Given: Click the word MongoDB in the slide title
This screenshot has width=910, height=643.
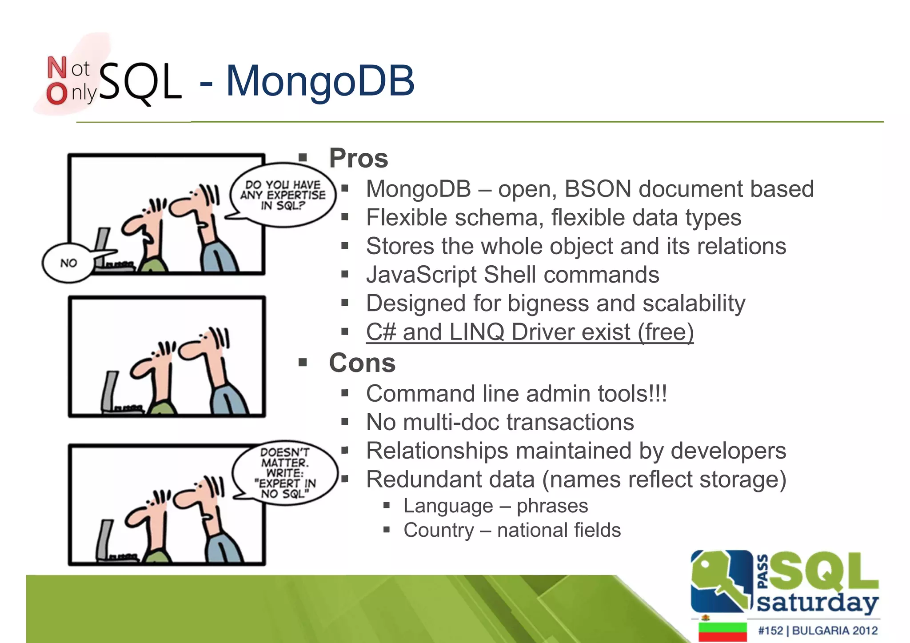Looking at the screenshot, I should pyautogui.click(x=320, y=81).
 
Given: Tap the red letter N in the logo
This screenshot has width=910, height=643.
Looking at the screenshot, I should pyautogui.click(x=57, y=68).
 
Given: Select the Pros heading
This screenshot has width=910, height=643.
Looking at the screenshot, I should pyautogui.click(x=358, y=158).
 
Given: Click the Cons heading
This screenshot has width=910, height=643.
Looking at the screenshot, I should pyautogui.click(x=362, y=363).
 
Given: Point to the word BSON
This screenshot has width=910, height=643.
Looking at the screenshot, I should pyautogui.click(x=598, y=189).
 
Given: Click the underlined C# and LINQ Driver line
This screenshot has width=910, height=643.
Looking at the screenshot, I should pyautogui.click(x=529, y=332).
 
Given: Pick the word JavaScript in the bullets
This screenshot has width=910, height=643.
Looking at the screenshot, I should pyautogui.click(x=421, y=275).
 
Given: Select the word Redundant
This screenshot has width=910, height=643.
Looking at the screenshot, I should pyautogui.click(x=450, y=479).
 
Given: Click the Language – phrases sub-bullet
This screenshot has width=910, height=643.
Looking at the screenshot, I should pyautogui.click(x=495, y=506).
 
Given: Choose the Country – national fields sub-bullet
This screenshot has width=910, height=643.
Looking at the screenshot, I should pyautogui.click(x=511, y=530).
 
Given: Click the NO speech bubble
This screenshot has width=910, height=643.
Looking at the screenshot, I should pyautogui.click(x=68, y=263).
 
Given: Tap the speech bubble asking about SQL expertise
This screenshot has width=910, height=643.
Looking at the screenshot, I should pyautogui.click(x=283, y=195).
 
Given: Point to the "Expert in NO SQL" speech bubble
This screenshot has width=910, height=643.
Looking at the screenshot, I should pyautogui.click(x=284, y=473).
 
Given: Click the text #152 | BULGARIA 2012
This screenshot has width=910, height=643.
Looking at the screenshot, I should pyautogui.click(x=818, y=631).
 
